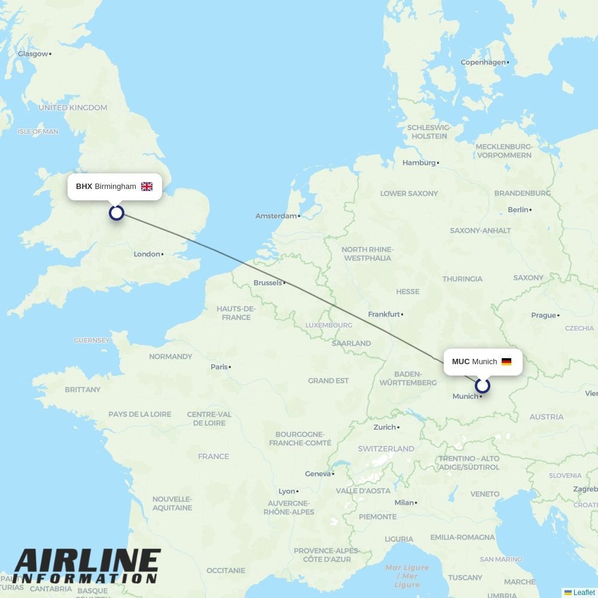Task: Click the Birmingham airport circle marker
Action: (x=117, y=212)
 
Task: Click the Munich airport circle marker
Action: (x=483, y=386)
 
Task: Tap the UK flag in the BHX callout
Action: (x=147, y=187)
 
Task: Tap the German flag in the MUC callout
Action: (x=507, y=362)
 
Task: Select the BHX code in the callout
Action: (x=84, y=187)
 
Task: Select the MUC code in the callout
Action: (x=460, y=362)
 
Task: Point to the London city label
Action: (x=147, y=254)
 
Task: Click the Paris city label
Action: (x=219, y=367)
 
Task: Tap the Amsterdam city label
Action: (x=276, y=216)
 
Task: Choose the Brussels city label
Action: (x=267, y=283)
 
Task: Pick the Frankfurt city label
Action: (x=384, y=314)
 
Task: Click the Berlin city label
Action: (x=518, y=210)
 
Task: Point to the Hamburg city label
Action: (x=419, y=163)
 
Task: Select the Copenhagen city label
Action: (x=483, y=62)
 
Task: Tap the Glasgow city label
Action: (x=33, y=54)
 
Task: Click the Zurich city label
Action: (x=385, y=427)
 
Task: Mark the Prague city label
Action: (x=544, y=315)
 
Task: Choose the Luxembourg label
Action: (x=329, y=325)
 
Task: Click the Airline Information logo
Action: (x=87, y=566)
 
